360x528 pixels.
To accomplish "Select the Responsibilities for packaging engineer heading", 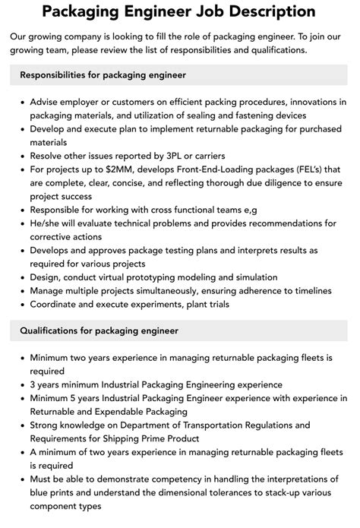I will [103, 75].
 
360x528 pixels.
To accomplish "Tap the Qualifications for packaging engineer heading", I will [98, 330].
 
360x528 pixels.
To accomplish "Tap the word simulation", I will [251, 277].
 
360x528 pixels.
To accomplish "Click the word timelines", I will [307, 291].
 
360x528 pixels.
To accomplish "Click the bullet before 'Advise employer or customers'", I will [21, 102].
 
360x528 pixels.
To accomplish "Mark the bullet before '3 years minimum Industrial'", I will [21, 385].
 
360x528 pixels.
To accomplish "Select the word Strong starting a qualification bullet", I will [46, 425].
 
